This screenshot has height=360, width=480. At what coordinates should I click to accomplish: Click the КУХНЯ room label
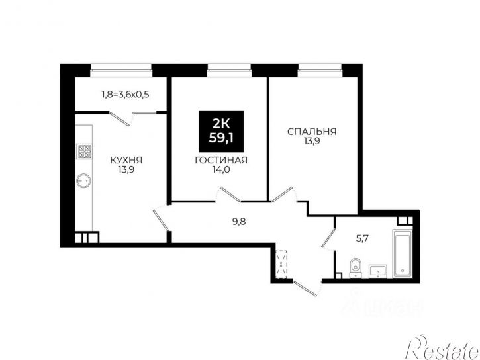126,160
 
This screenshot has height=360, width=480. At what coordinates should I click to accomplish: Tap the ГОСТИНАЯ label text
221,160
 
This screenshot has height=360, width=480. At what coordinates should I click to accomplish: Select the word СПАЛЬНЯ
312,132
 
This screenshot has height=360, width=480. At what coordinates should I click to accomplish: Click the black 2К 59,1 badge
221,131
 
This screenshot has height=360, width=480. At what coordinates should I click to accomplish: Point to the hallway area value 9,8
239,222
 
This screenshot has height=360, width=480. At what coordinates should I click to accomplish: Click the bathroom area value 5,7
362,238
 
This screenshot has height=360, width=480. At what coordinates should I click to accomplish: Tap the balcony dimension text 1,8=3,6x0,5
125,94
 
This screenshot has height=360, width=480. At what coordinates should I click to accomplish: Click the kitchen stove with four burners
84,151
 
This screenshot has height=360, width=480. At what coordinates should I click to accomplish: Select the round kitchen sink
83,181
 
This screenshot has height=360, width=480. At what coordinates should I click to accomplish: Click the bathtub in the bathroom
403,253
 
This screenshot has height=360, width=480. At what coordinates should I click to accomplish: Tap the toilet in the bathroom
355,267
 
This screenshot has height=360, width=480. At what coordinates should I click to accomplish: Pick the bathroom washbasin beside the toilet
378,271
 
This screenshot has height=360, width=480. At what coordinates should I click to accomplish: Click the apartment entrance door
305,288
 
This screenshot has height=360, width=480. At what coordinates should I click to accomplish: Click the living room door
230,194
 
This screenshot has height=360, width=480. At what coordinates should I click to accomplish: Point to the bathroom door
328,236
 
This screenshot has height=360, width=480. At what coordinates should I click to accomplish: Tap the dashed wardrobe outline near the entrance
281,263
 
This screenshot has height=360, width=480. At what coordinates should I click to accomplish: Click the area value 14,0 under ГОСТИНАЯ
221,170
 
